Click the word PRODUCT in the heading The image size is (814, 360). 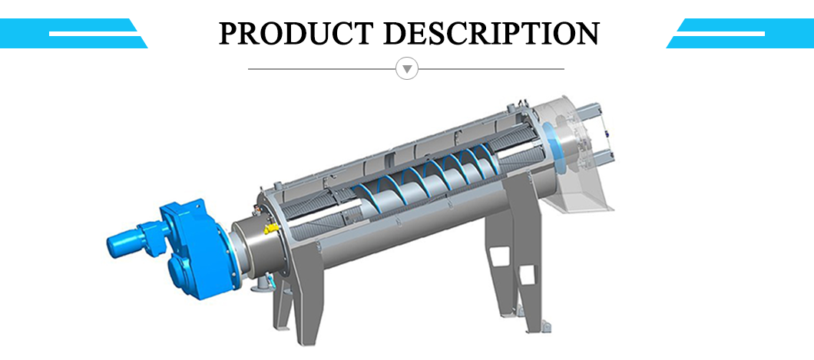[296, 33]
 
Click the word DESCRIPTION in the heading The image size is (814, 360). [492, 33]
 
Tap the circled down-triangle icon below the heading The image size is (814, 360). [407, 68]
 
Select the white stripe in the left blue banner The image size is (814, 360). [93, 34]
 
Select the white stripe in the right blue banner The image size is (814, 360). [720, 34]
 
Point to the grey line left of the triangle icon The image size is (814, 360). [322, 68]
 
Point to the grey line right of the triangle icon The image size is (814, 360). [491, 68]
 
